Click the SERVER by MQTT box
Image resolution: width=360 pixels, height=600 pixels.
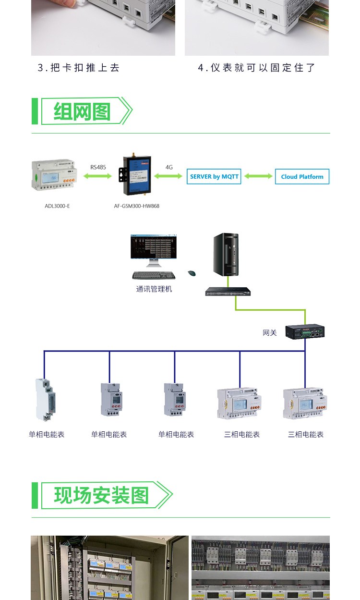pos(214,176)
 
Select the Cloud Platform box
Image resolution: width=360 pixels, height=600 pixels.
pos(302,176)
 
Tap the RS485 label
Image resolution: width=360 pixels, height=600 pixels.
pos(98,167)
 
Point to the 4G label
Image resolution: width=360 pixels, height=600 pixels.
pos(169,167)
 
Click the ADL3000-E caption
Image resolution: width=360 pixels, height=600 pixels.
pos(57,206)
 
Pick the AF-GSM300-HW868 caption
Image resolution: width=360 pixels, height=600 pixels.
pos(137,206)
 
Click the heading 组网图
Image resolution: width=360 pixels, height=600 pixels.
pos(82,111)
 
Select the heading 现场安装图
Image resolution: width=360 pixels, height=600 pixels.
pos(101,495)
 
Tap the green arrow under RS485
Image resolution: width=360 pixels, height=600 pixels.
pos(98,176)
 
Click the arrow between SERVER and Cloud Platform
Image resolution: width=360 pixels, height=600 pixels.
pos(258,176)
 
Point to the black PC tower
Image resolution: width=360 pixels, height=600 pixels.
pos(226,255)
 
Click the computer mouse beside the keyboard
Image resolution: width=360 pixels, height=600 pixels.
pos(192,273)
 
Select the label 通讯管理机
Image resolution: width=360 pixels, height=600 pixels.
pos(154,289)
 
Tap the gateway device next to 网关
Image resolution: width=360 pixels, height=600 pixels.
pos(305,331)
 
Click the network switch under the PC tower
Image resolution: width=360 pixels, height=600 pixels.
pos(228,291)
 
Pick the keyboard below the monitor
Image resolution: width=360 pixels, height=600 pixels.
pos(154,275)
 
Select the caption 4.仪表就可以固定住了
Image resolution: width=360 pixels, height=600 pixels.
pos(257,68)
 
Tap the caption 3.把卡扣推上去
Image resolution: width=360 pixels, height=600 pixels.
pos(78,68)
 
